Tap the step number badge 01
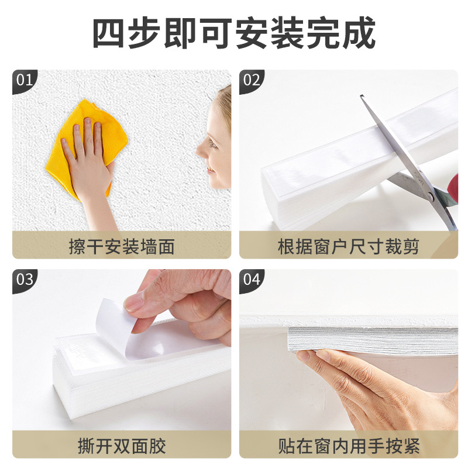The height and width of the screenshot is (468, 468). point(24,80)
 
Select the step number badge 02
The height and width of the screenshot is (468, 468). point(251,80)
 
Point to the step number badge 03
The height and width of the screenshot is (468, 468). point(24,279)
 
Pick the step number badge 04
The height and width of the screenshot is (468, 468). point(251,279)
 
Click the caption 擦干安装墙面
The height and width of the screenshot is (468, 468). point(122,246)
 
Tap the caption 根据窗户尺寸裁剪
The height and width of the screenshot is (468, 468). point(348,246)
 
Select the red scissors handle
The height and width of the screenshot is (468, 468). point(454,187)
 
